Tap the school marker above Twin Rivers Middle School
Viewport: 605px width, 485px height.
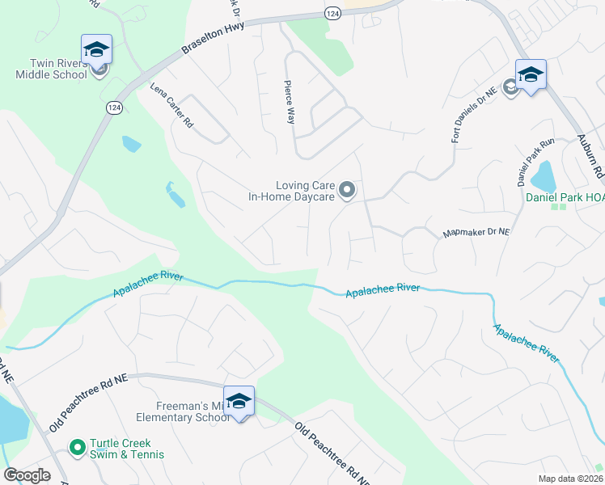tap(96, 50)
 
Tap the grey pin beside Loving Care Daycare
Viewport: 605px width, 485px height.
tap(347, 191)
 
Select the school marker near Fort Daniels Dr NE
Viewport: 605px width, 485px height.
tap(531, 75)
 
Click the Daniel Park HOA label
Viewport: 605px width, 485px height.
tap(565, 196)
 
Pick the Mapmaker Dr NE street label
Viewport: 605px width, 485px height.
tap(476, 233)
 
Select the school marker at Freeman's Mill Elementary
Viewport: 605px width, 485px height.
tap(239, 402)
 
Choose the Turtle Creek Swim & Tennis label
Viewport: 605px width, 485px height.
tap(127, 449)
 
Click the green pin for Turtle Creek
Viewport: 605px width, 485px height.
tap(78, 446)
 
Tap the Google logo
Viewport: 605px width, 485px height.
tap(27, 475)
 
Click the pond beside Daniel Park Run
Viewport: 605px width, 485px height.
tap(544, 174)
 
